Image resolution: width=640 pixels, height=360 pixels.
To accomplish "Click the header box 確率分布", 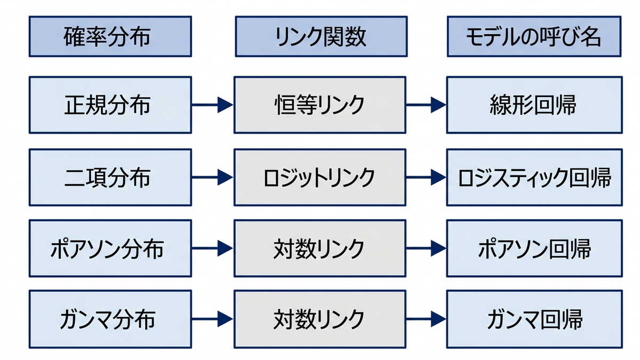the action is pyautogui.click(x=110, y=36).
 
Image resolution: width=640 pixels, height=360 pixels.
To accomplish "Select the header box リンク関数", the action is pyautogui.click(x=321, y=36).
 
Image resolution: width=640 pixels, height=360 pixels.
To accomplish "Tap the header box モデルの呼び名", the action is pyautogui.click(x=534, y=36).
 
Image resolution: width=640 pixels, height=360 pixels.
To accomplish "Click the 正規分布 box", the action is pyautogui.click(x=110, y=105).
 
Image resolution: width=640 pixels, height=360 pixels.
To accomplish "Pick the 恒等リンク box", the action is pyautogui.click(x=320, y=105).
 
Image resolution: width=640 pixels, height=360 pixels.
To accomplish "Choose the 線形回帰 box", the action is pyautogui.click(x=534, y=105).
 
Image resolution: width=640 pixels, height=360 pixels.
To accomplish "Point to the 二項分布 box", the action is pyautogui.click(x=110, y=177).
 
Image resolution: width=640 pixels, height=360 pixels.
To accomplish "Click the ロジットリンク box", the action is pyautogui.click(x=320, y=177).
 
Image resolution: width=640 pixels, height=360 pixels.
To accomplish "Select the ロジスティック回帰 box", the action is pyautogui.click(x=534, y=177).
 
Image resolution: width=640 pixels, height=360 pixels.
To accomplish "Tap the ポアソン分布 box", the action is pyautogui.click(x=110, y=249).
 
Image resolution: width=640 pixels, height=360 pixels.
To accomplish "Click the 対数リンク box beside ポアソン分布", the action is pyautogui.click(x=320, y=249).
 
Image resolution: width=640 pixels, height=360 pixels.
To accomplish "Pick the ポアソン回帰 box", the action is pyautogui.click(x=534, y=249).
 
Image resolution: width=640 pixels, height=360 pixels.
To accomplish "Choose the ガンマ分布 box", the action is pyautogui.click(x=110, y=319).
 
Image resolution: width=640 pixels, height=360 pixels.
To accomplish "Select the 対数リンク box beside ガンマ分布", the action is pyautogui.click(x=320, y=319).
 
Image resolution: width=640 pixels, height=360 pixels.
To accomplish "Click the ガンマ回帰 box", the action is pyautogui.click(x=534, y=319).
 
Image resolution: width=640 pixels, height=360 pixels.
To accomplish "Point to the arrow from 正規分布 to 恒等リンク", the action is pyautogui.click(x=213, y=105).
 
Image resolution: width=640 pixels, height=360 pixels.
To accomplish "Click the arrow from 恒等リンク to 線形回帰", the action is pyautogui.click(x=426, y=105).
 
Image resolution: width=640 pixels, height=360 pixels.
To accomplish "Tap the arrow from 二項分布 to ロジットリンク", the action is pyautogui.click(x=213, y=177).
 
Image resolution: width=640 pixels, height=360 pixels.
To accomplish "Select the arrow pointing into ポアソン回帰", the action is pyautogui.click(x=426, y=249).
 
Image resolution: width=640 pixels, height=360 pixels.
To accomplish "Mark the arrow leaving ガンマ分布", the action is pyautogui.click(x=213, y=319).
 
